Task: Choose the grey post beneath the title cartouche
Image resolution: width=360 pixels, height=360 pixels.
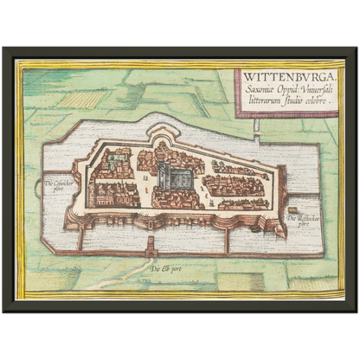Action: (x=257, y=126)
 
